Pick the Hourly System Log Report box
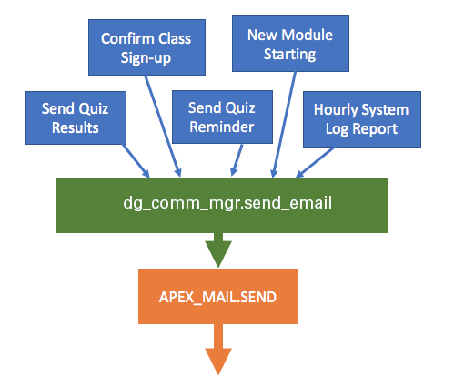362,118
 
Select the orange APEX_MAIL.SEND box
218,296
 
